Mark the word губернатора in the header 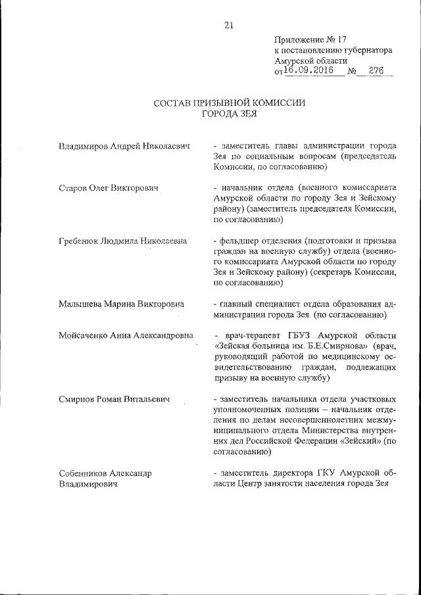366,49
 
